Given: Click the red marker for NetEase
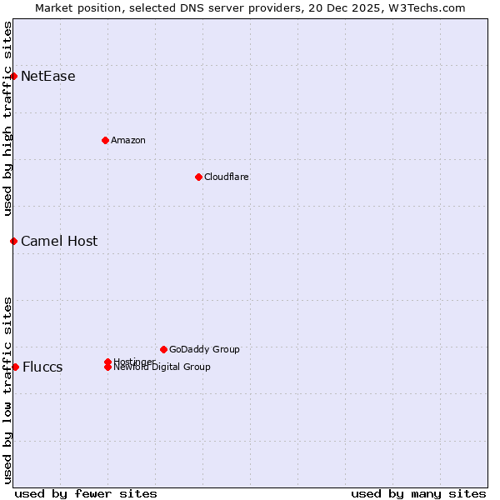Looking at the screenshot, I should point(14,77).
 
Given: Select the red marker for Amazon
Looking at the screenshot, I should point(105,140).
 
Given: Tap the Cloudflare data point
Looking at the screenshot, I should point(198,177).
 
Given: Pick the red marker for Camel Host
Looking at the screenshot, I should point(14,241).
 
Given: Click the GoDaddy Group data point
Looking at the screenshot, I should point(163,349).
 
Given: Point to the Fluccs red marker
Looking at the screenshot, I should point(15,367).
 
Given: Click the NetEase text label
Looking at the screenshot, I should point(48,77).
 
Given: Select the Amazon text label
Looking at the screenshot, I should point(128,140).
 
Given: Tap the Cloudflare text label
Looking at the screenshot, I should point(227,177).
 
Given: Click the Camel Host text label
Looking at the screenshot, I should point(59,242).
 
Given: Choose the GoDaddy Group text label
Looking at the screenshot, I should point(204,349).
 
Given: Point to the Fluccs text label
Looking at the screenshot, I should point(42,367).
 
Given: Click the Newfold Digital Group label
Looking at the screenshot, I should point(162,367).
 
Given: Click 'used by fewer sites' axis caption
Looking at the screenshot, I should point(86,493).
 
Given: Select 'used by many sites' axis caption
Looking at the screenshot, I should point(418,493).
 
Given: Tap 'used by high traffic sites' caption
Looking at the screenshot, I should point(7,118).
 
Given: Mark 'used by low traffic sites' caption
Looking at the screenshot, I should point(7,389).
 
